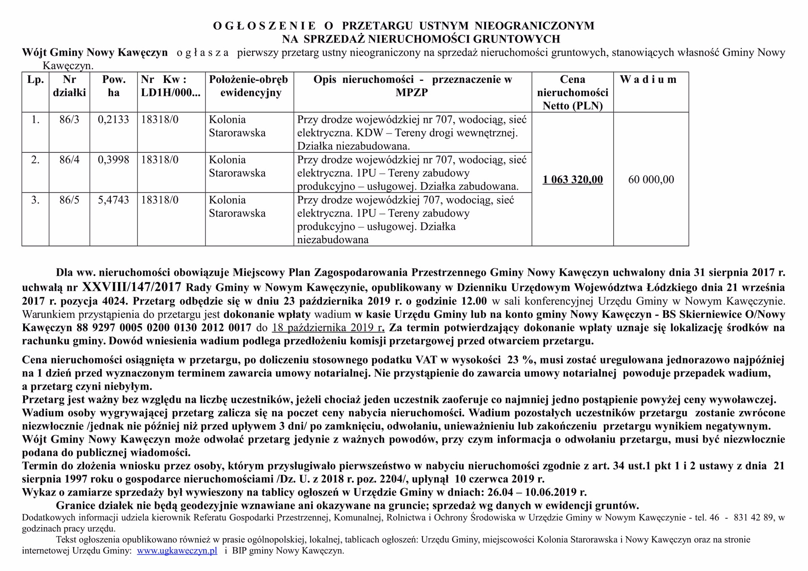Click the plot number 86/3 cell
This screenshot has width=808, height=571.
coord(69,120)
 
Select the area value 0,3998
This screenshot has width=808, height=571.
coord(113,160)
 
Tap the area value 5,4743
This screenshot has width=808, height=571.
coord(113,200)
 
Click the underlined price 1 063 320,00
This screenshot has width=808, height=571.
coord(572,180)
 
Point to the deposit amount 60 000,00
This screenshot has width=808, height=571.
coord(651,180)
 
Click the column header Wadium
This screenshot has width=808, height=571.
coord(648,80)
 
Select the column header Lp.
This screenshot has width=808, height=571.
coord(35,80)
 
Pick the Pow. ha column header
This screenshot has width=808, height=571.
coord(113,86)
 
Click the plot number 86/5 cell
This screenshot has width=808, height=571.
coord(69,200)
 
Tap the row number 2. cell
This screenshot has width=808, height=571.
coord(35,160)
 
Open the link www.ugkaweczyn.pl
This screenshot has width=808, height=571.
coord(177,551)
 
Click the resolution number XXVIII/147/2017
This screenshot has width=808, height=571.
coord(132,287)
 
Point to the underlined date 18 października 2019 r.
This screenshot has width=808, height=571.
coord(328,328)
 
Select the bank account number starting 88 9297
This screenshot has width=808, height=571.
coord(164,328)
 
